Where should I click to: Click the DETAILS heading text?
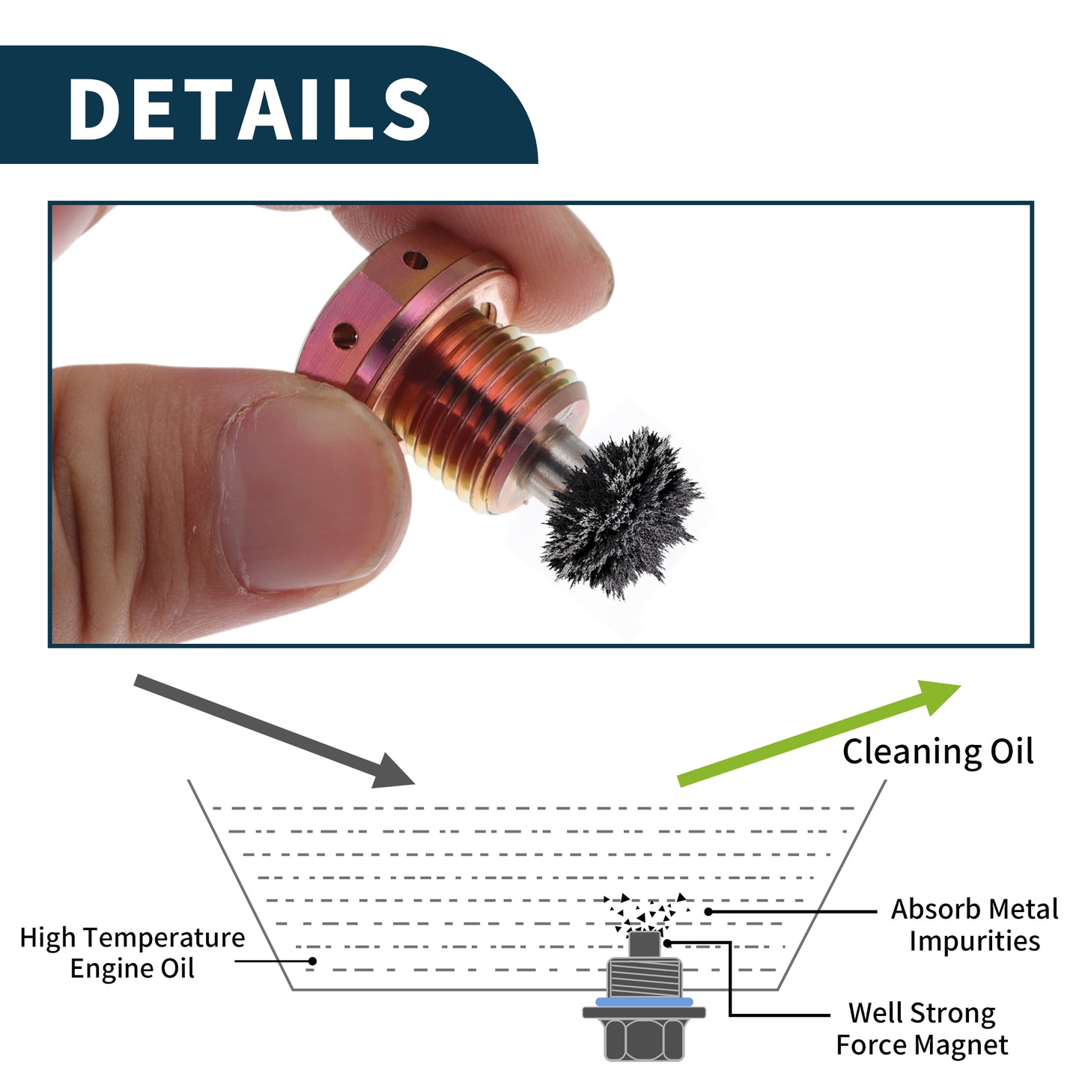pyautogui.click(x=249, y=108)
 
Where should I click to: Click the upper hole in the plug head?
pyautogui.click(x=416, y=259)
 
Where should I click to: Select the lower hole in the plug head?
pyautogui.click(x=344, y=335)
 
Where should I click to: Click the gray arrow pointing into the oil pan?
pyautogui.click(x=274, y=731)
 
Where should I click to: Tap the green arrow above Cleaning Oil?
pyautogui.click(x=819, y=733)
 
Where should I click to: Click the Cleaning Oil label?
pyautogui.click(x=937, y=753)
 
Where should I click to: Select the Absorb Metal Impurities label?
pyautogui.click(x=975, y=925)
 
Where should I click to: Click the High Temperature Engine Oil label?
pyautogui.click(x=133, y=953)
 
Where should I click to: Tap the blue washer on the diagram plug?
pyautogui.click(x=644, y=1002)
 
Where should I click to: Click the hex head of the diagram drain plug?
pyautogui.click(x=644, y=1039)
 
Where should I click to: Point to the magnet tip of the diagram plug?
pyautogui.click(x=643, y=944)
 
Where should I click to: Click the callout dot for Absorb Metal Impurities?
pyautogui.click(x=708, y=912)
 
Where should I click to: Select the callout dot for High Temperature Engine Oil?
pyautogui.click(x=312, y=961)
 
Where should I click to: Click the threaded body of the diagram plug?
pyautogui.click(x=644, y=977)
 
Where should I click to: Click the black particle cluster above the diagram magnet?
pyautogui.click(x=645, y=913)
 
